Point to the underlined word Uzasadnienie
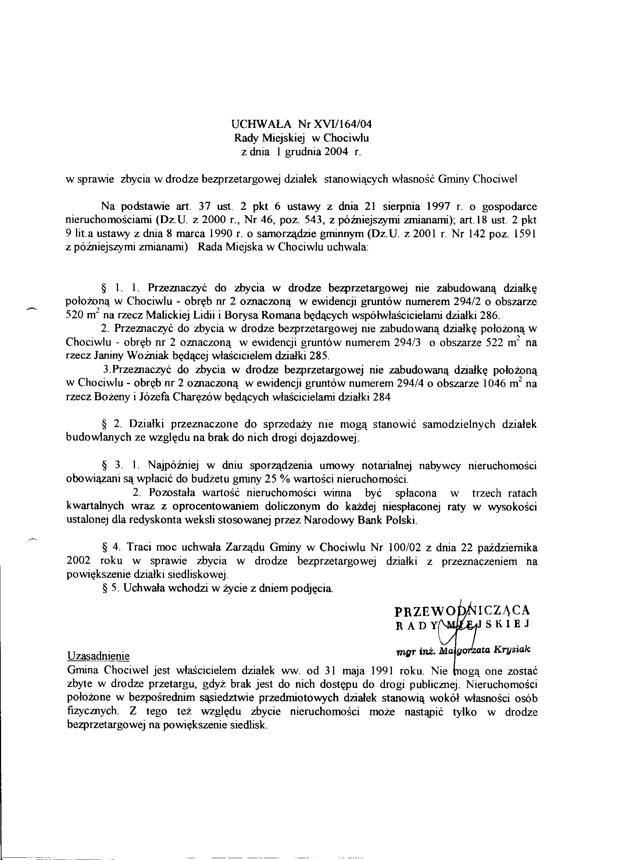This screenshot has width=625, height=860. pyautogui.click(x=98, y=656)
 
